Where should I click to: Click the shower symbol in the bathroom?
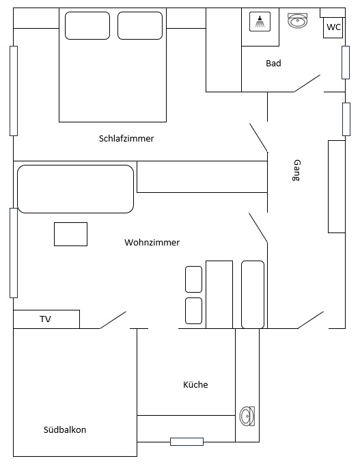pyautogui.click(x=260, y=22)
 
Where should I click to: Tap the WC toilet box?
pyautogui.click(x=333, y=27)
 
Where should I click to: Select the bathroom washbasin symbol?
pyautogui.click(x=298, y=21)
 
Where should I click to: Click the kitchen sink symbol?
pyautogui.click(x=247, y=416)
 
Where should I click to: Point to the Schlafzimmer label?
pyautogui.click(x=126, y=139)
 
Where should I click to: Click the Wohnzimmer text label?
pyautogui.click(x=152, y=242)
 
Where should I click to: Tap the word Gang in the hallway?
pyautogui.click(x=296, y=170)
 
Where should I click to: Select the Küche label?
pyautogui.click(x=195, y=384)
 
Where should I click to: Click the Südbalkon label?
pyautogui.click(x=65, y=429)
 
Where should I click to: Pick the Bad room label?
pyautogui.click(x=273, y=63)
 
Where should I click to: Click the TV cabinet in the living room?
pyautogui.click(x=46, y=319)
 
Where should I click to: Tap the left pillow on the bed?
pyautogui.click(x=87, y=25)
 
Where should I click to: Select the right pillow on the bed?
pyautogui.click(x=140, y=25)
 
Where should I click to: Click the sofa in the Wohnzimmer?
pyautogui.click(x=76, y=189)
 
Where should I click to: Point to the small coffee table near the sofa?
pyautogui.click(x=70, y=235)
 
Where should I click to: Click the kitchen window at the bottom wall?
pyautogui.click(x=186, y=442)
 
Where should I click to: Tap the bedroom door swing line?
pyautogui.click(x=259, y=137)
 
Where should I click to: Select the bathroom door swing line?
pyautogui.click(x=307, y=83)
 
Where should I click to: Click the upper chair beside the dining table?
pyautogui.click(x=193, y=279)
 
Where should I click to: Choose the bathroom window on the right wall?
pyautogui.click(x=346, y=63)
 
